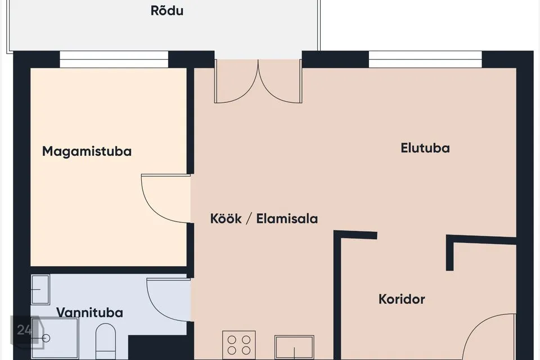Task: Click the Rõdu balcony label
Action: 166,10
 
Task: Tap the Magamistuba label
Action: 87,151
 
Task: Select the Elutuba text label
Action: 425,148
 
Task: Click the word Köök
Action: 226,218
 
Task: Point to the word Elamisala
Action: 287,219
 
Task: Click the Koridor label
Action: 402,299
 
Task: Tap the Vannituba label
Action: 89,312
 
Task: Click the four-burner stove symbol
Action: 239,345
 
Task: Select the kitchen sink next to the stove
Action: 294,347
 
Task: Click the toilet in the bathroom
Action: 105,341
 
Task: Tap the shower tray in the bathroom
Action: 55,338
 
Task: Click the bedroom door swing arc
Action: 151,206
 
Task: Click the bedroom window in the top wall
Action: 114,59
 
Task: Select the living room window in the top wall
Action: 425,59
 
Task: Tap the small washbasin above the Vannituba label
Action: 40,289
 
